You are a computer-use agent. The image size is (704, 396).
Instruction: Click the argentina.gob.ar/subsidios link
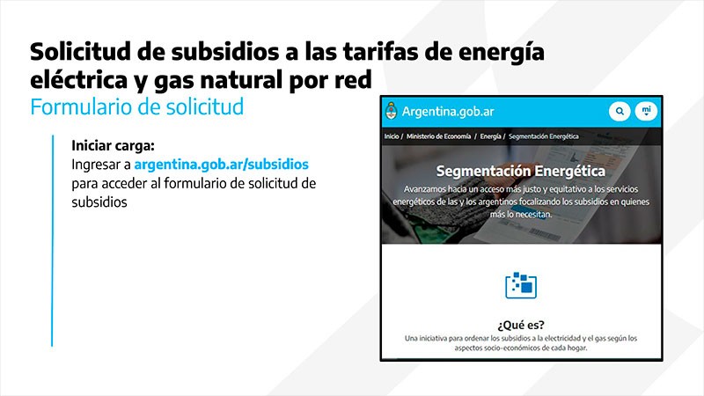pyautogui.click(x=222, y=165)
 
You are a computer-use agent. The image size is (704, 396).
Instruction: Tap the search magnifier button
pyautogui.click(x=620, y=111)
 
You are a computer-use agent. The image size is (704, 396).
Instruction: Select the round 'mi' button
pyautogui.click(x=646, y=111)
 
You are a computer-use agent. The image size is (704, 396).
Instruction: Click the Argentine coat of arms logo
pyautogui.click(x=392, y=111)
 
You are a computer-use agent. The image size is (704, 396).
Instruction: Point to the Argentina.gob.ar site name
pyautogui.click(x=448, y=112)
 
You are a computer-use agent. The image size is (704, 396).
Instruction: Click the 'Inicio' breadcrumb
pyautogui.click(x=392, y=136)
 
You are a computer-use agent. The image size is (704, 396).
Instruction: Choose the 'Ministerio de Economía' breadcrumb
pyautogui.click(x=438, y=136)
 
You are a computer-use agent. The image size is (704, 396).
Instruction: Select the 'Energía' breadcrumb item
pyautogui.click(x=491, y=136)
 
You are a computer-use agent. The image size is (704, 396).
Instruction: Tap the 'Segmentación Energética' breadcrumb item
pyautogui.click(x=543, y=136)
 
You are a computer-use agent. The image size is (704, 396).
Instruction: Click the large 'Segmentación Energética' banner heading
pyautogui.click(x=521, y=171)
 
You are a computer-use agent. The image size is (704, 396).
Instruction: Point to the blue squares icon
pyautogui.click(x=521, y=285)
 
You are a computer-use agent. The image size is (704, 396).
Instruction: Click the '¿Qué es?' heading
pyautogui.click(x=521, y=325)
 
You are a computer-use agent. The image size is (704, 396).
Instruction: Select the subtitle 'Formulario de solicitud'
pyautogui.click(x=137, y=107)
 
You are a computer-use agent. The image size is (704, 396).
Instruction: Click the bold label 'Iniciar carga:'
pyautogui.click(x=114, y=145)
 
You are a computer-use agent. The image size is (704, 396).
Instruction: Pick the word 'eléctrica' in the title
pyautogui.click(x=79, y=79)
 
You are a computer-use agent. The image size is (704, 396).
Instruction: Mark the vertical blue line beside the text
pyautogui.click(x=53, y=240)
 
